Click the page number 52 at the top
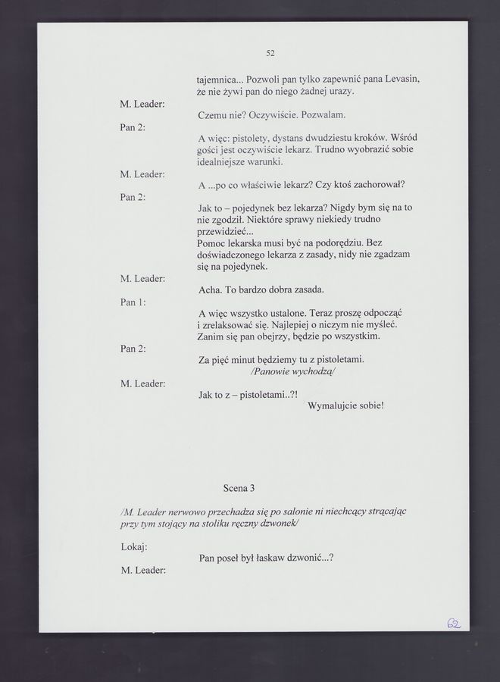point(270,53)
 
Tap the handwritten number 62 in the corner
point(455,623)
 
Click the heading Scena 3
point(239,487)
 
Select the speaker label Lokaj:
point(134,546)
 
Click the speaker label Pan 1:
point(133,302)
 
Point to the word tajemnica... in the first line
point(220,79)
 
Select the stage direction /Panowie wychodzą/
point(292,372)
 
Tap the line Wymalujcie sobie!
point(346,405)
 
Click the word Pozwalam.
point(323,114)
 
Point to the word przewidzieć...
point(226,230)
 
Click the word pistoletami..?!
point(265,395)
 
